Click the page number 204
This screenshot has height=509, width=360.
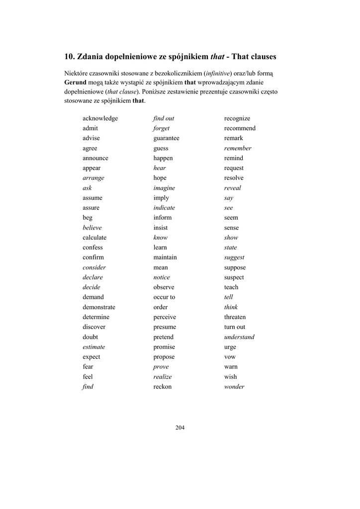tap(180, 427)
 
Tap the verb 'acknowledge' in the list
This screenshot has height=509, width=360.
tap(100, 118)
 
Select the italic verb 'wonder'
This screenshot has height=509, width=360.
tap(234, 387)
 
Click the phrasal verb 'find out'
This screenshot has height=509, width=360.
tap(164, 118)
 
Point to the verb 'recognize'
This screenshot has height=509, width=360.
tap(237, 118)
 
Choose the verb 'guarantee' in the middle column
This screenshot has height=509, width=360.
tap(166, 138)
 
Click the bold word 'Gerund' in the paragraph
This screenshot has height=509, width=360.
tap(75, 82)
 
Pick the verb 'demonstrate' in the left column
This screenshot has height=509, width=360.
tap(99, 307)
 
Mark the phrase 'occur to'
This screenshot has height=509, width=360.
tap(164, 297)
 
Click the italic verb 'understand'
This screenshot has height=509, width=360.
tap(239, 337)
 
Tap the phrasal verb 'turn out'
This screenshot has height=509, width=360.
tap(235, 327)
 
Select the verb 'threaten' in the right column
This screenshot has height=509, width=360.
tap(235, 317)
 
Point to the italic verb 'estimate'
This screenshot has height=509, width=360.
tap(94, 347)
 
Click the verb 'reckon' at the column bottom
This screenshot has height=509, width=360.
tap(162, 387)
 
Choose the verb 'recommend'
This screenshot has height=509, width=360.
tap(240, 128)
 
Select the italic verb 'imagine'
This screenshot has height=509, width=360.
tap(164, 188)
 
